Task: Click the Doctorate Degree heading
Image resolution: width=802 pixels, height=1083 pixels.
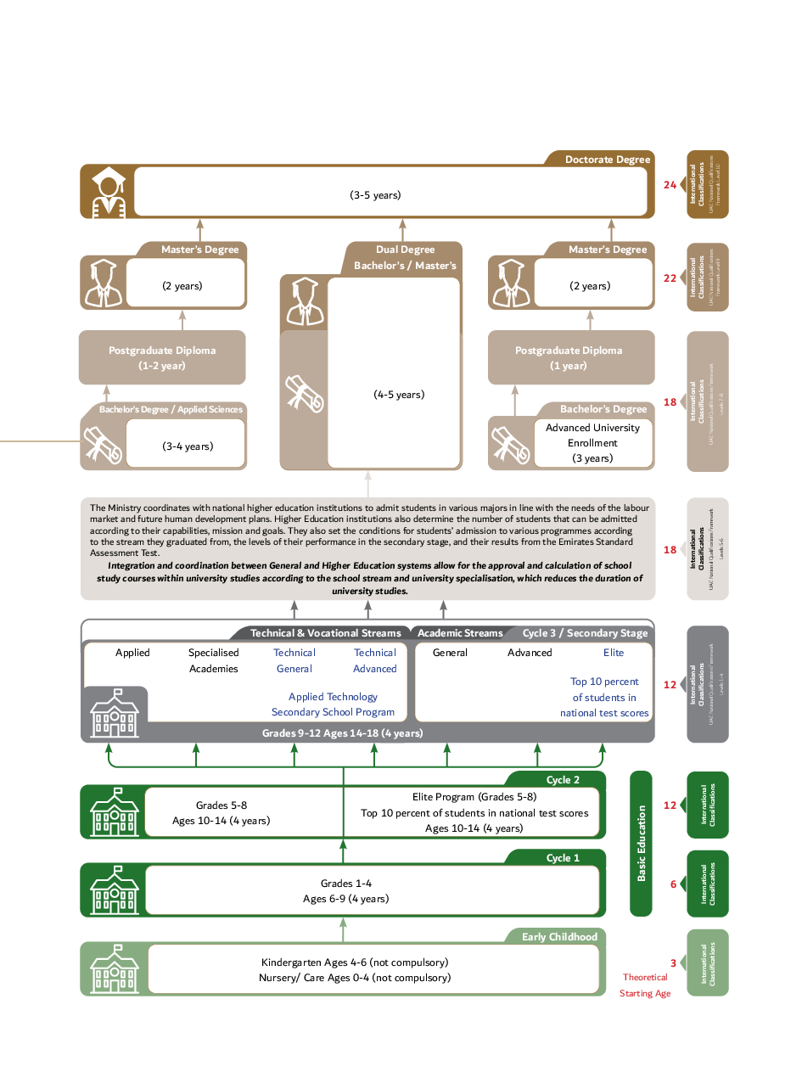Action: point(607,160)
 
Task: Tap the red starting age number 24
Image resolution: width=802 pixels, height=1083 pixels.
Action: point(670,185)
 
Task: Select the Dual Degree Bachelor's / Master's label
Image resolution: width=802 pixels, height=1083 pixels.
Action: point(405,258)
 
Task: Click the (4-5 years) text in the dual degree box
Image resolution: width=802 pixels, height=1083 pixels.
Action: point(399,395)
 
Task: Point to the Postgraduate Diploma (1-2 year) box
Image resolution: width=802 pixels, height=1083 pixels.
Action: point(162,358)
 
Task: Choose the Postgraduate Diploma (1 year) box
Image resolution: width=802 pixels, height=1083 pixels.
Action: point(569,358)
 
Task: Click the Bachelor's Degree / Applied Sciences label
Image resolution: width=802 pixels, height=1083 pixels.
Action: point(171,410)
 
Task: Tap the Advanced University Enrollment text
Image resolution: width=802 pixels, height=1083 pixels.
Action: point(592,435)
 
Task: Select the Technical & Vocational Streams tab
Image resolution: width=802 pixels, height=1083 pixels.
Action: point(325,633)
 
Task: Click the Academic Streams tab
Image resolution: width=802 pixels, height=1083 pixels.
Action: point(460,633)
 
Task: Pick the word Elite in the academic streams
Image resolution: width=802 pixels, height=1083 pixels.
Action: point(614,653)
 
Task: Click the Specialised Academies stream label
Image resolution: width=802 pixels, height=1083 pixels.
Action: point(214,660)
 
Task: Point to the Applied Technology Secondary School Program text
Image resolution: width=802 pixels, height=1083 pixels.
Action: point(333,704)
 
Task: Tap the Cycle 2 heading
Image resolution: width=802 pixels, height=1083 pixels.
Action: point(563,780)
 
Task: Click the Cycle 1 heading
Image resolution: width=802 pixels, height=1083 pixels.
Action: point(563,858)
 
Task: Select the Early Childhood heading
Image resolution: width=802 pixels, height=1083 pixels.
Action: point(559,937)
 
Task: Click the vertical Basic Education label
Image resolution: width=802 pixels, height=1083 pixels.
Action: point(642,843)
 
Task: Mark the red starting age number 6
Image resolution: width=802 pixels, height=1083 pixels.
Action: point(673,884)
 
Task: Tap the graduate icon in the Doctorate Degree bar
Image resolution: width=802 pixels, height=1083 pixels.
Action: point(108,192)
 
